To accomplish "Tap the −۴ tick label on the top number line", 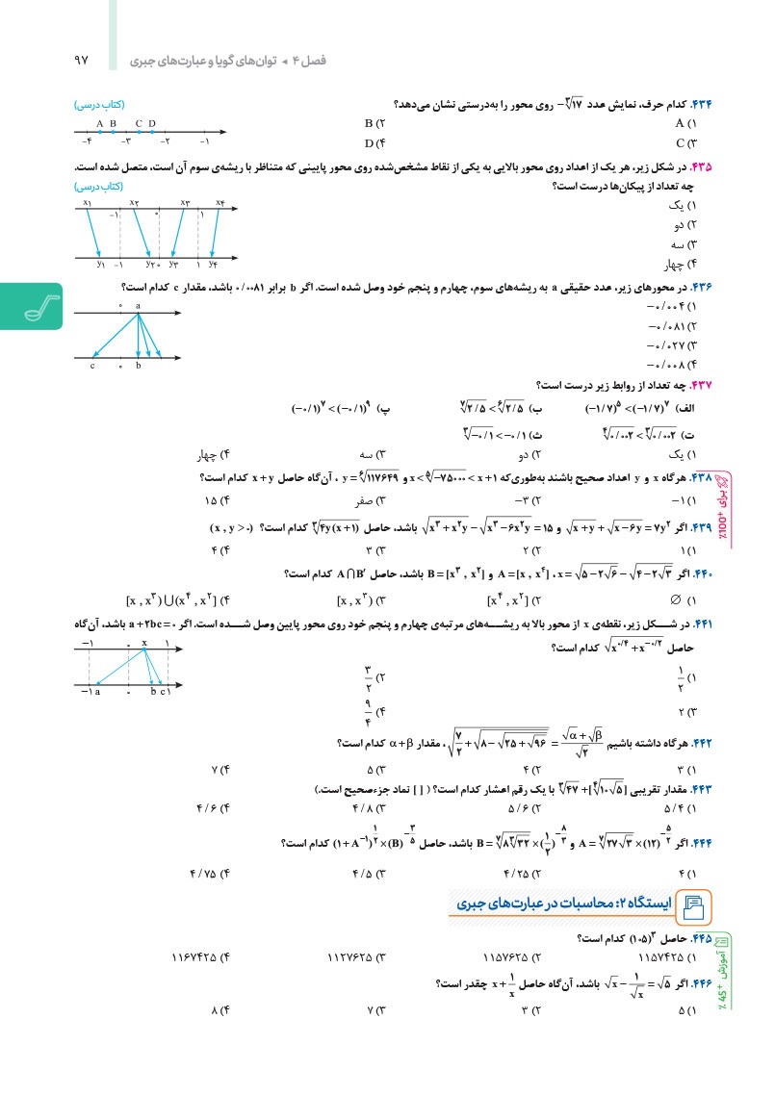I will click(x=87, y=141).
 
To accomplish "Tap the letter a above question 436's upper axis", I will click(x=138, y=305).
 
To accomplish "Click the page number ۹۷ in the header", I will click(x=80, y=60).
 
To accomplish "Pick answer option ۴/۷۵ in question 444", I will click(x=214, y=873).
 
